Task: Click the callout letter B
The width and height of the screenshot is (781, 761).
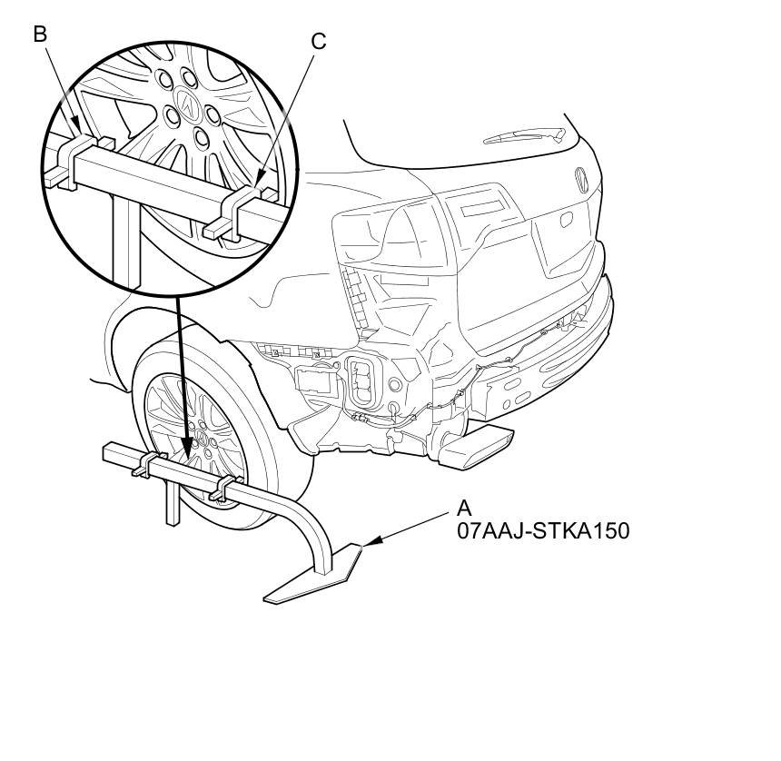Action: pos(40,35)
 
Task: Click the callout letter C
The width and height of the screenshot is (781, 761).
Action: pos(319,41)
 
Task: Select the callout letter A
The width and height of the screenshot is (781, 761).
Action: pos(464,509)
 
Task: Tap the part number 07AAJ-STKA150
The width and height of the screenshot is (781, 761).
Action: pos(543,531)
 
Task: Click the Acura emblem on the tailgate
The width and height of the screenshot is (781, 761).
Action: pos(581,180)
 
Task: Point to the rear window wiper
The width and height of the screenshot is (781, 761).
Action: pos(526,135)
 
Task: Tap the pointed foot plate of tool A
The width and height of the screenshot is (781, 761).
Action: pos(315,574)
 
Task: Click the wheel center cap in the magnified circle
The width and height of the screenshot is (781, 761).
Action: pos(188,104)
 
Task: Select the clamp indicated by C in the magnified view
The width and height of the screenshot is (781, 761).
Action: pos(239,213)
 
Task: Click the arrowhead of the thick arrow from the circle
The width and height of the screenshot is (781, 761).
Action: pos(187,450)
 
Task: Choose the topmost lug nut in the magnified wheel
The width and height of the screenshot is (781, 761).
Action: pos(189,78)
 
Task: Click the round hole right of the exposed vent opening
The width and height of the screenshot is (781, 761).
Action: pos(394,384)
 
